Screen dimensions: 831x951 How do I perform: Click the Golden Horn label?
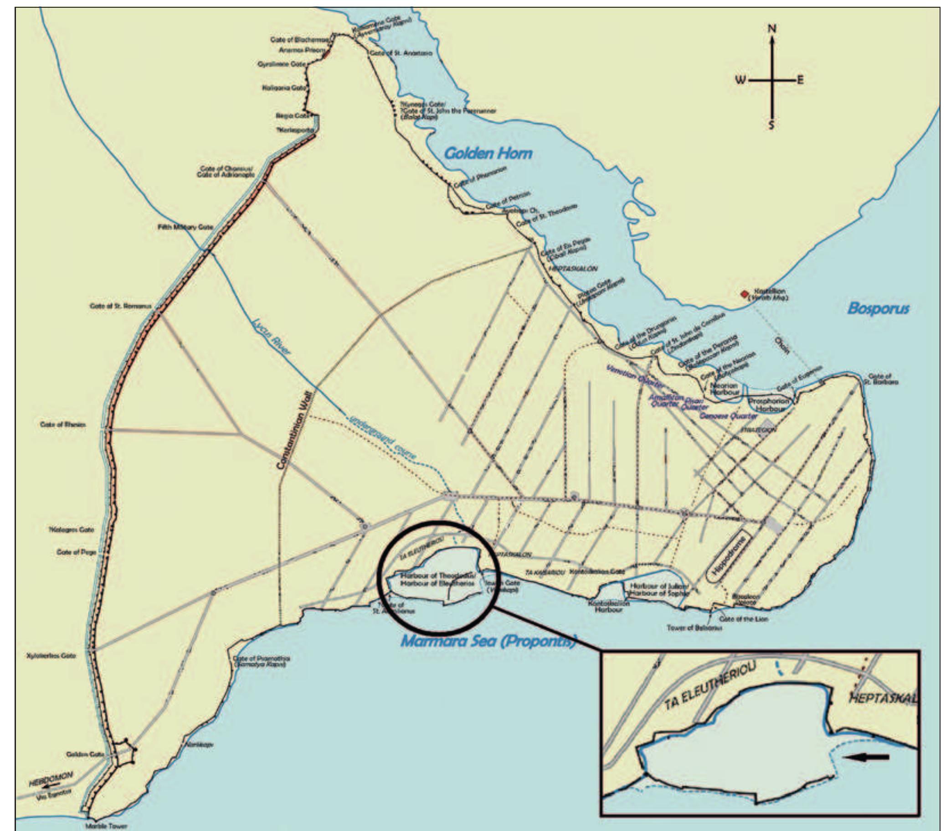[x=488, y=154]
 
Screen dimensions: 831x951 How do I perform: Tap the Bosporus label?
[x=878, y=308]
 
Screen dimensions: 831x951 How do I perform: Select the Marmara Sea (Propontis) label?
[x=488, y=641]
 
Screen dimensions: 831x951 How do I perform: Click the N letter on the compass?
[x=772, y=29]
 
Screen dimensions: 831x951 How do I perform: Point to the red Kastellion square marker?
[x=745, y=294]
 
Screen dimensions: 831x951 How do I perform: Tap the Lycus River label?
[x=271, y=337]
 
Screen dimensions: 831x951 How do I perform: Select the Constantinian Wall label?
[x=296, y=431]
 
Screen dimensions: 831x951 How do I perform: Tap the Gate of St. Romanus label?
[x=120, y=306]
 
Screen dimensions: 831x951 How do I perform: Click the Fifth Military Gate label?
[x=185, y=227]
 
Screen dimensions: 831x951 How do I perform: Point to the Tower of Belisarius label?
[x=694, y=628]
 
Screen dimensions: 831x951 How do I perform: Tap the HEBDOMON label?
[x=51, y=779]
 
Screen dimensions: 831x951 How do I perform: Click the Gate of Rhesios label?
[x=63, y=425]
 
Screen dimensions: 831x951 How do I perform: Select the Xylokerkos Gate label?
[x=51, y=656]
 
